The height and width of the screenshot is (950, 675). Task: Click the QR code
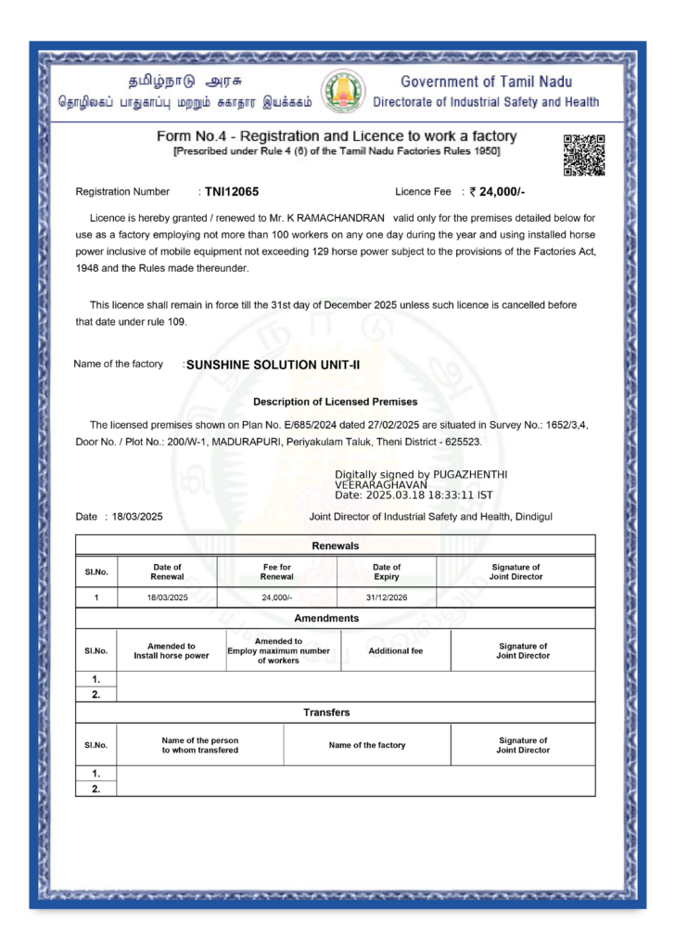tap(584, 155)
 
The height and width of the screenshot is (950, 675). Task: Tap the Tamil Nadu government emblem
tap(343, 91)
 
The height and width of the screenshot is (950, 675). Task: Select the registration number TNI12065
tap(232, 192)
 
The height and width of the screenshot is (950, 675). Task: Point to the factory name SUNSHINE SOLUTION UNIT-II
tap(273, 365)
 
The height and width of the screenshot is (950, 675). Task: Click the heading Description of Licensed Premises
tap(335, 402)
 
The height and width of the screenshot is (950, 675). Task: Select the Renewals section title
tap(335, 546)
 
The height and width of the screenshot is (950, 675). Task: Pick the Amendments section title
tap(326, 618)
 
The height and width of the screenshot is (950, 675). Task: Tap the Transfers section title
tap(326, 712)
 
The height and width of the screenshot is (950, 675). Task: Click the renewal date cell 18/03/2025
tap(167, 597)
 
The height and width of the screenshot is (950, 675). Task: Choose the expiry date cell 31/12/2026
tap(387, 597)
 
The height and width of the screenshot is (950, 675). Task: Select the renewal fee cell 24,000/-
tap(276, 597)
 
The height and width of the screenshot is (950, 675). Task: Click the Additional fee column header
tap(395, 650)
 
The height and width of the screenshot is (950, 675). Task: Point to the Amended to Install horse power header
tap(172, 650)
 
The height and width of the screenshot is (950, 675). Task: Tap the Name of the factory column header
tap(366, 745)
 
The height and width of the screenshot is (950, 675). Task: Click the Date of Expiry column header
tap(387, 571)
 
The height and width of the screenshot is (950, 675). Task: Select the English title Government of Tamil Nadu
tap(486, 82)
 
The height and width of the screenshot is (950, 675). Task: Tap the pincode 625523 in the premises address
tap(461, 442)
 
